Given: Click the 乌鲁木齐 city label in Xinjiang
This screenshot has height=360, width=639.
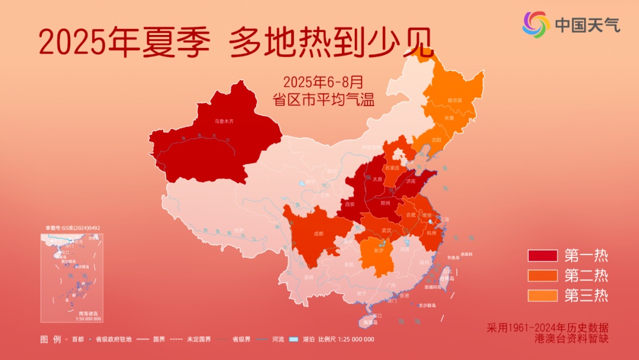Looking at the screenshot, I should [x=224, y=121].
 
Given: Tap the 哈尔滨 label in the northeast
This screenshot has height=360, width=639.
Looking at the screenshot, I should [x=455, y=100].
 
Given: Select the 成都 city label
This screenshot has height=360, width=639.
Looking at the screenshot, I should [x=319, y=233].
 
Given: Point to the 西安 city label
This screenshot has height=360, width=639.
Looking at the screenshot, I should [x=348, y=204].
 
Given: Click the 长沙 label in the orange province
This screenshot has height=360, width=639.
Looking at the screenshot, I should [x=379, y=250].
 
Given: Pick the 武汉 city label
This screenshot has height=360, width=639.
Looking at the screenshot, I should [x=387, y=230].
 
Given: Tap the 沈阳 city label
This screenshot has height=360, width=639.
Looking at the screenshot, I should [x=436, y=140].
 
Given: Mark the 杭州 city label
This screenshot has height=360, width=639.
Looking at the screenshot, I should [x=431, y=233].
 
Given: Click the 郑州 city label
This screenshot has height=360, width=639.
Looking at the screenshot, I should [x=386, y=202].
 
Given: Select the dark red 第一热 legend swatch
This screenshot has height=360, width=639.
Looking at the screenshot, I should [x=543, y=256].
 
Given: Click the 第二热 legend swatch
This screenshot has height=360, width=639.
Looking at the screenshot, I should [x=543, y=275].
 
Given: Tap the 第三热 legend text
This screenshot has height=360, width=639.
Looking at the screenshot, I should [x=586, y=295].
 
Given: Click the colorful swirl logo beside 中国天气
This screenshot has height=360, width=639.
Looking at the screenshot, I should [x=535, y=24].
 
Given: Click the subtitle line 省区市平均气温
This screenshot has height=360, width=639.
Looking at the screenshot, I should [x=324, y=99].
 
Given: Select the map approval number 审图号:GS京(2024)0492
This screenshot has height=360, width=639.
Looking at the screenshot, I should [x=73, y=227].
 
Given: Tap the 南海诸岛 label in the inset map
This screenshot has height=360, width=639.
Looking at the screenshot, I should [x=89, y=313].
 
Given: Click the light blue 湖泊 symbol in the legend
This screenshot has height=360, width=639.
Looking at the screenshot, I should [x=292, y=339].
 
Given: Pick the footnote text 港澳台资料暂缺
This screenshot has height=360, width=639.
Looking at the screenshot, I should [x=563, y=339].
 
